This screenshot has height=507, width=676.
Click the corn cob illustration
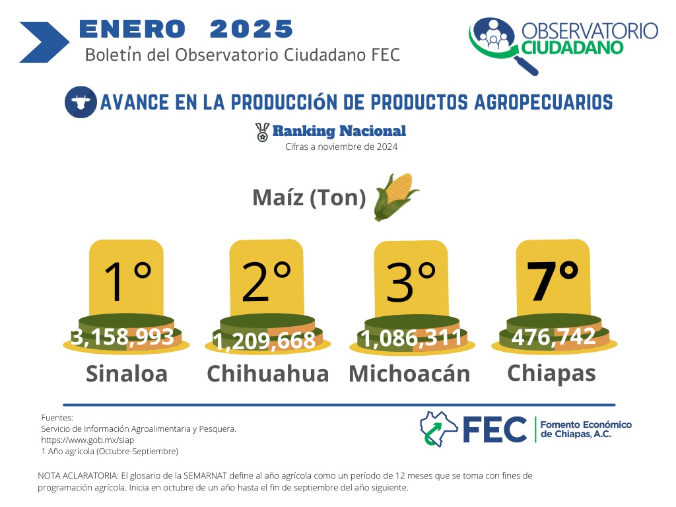[396, 197]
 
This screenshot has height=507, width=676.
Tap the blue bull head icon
[81, 102]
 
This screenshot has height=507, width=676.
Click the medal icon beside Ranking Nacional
[262, 132]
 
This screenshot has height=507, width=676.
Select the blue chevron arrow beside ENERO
[44, 42]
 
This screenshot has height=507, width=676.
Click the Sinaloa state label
[127, 374]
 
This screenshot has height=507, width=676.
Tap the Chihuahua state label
[268, 374]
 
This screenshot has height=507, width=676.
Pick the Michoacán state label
[409, 373]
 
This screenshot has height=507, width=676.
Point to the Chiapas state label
[551, 374]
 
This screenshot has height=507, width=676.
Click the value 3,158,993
[122, 337]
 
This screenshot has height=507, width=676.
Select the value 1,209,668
[264, 341]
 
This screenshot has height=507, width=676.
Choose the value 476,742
[554, 336]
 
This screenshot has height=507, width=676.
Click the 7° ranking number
[553, 280]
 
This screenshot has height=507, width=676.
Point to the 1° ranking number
[127, 281]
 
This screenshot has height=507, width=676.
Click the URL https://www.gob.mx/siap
[88, 440]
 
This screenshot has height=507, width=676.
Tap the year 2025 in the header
[252, 29]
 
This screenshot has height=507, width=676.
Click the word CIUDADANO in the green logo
[572, 48]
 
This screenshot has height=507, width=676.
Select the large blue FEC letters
[495, 429]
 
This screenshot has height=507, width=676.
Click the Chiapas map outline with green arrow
[438, 428]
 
